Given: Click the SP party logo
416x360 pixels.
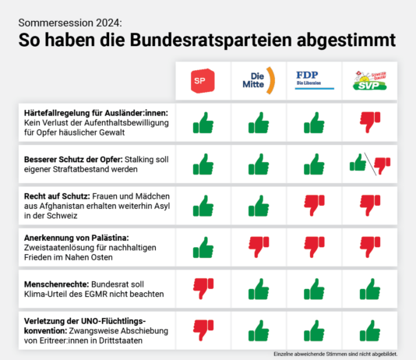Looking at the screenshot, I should pos(203,80).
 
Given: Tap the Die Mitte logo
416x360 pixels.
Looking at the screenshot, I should pos(258,80).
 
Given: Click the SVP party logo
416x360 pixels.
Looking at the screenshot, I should pos(369,79).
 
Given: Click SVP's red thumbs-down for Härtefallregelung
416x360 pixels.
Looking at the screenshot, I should pos(369,122).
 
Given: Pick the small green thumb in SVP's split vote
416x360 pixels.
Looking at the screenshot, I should pos(358,162).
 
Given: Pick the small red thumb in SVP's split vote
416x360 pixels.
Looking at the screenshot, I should pos(381,165).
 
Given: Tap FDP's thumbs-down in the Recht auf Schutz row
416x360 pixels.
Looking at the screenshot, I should pos(314,206).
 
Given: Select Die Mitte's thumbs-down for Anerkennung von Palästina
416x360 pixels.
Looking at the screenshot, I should pos(259,248).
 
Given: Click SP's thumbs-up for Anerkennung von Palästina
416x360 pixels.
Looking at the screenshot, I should pos(203,248).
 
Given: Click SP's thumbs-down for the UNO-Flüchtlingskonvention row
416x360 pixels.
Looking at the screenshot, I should pos(203,330).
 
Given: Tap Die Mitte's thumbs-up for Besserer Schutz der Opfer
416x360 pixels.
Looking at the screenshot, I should pos(259,164).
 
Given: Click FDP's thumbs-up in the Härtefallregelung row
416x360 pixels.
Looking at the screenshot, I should pos(314,122).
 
